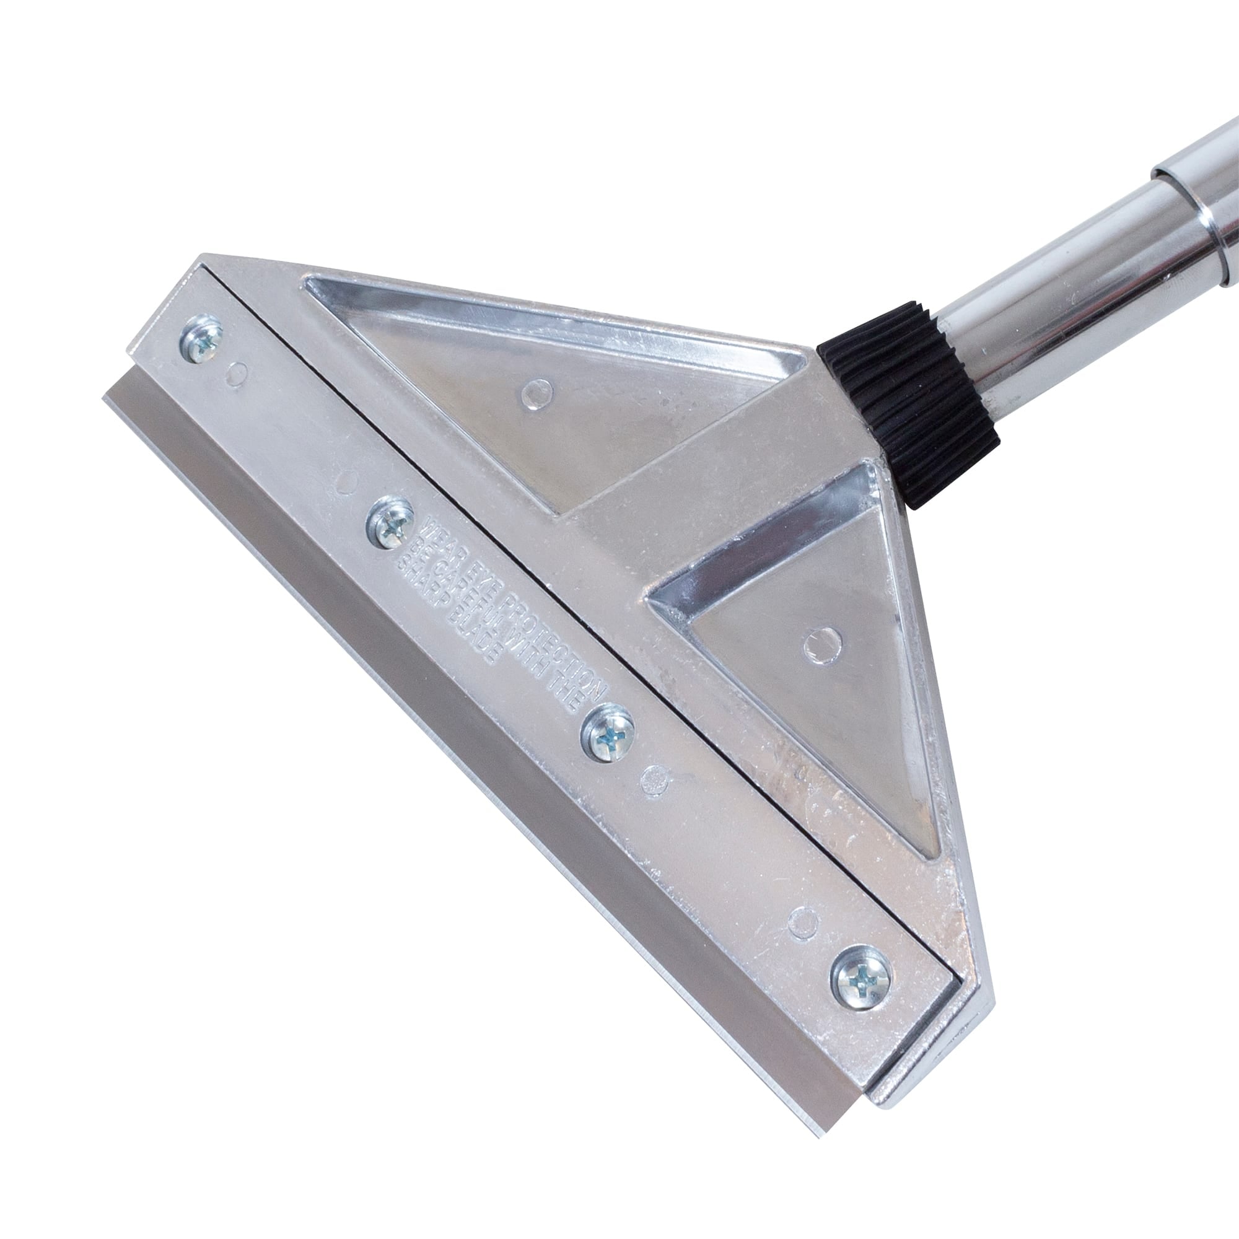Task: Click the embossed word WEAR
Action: click(436, 513)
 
